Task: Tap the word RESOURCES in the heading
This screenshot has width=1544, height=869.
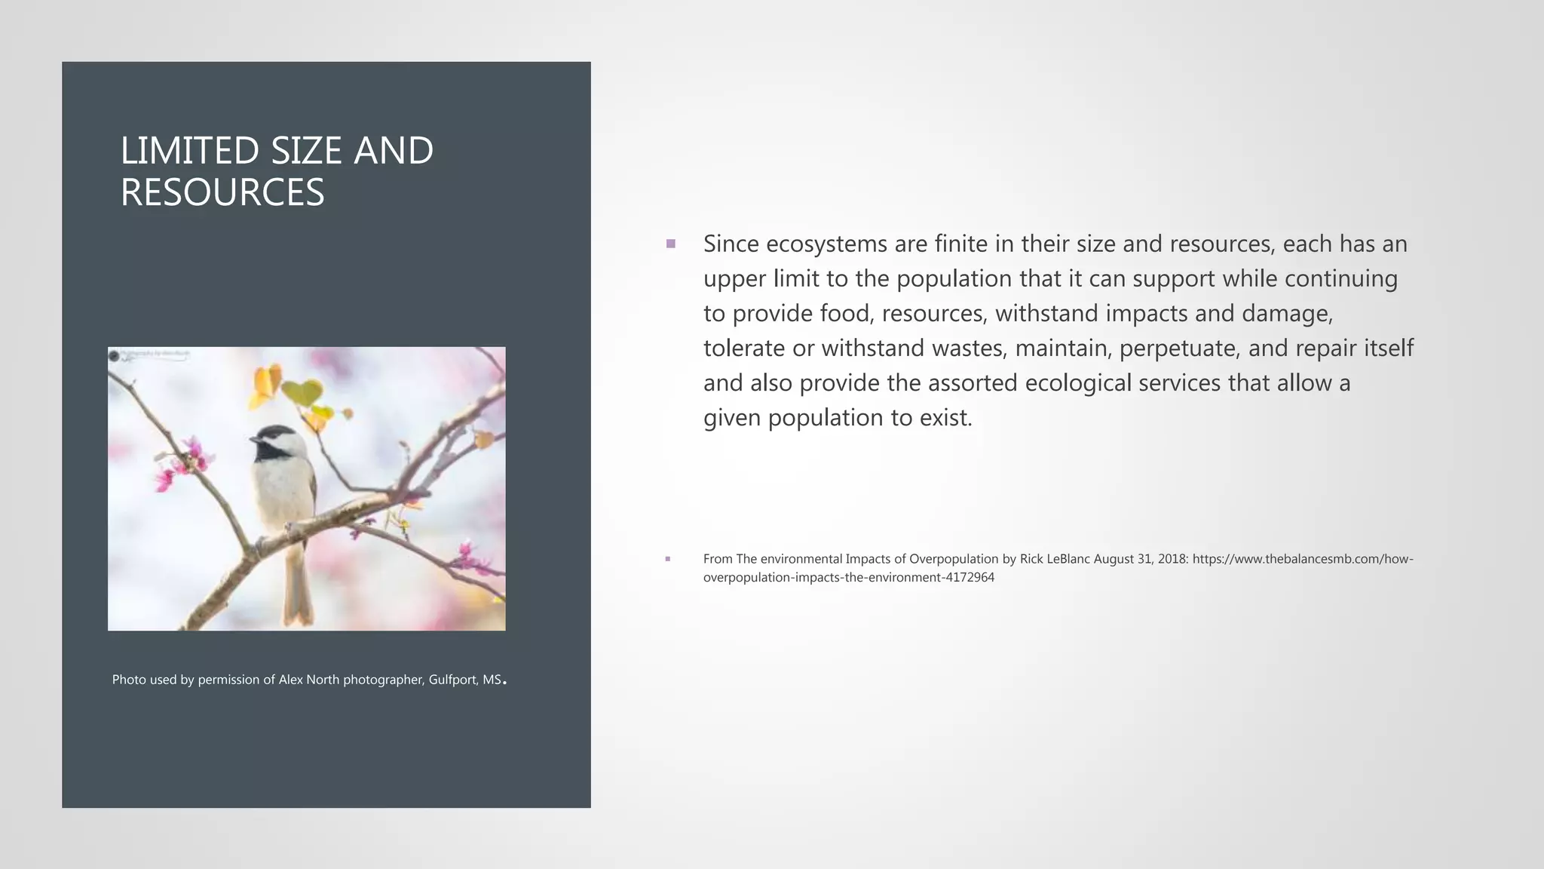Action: pos(222,192)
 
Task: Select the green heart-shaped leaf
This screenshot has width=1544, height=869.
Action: pos(303,392)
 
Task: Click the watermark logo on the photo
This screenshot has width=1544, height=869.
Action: pos(115,355)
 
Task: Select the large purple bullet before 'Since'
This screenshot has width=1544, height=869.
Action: pos(670,244)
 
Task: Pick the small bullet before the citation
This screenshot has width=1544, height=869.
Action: pos(668,559)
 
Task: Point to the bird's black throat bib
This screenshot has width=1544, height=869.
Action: pos(268,450)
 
